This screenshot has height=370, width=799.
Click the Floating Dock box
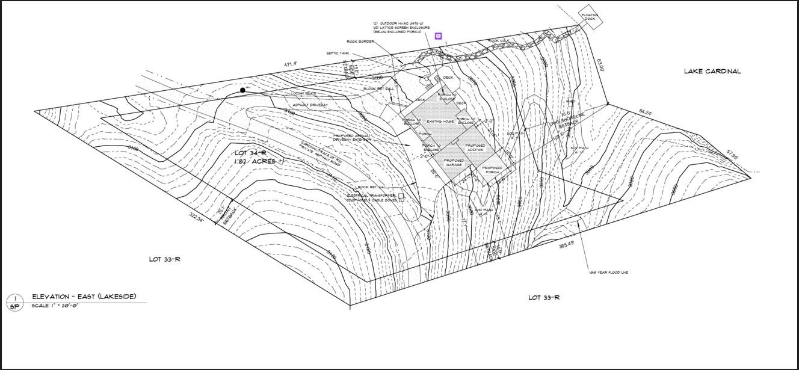[x=590, y=16]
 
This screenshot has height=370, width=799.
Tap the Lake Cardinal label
[x=712, y=71]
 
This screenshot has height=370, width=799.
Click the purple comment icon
[x=439, y=37]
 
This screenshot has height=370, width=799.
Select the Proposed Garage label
[x=454, y=162]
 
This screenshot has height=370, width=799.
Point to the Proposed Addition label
[x=475, y=147]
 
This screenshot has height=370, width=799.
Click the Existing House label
[x=440, y=122]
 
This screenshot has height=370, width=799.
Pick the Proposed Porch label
[x=492, y=170]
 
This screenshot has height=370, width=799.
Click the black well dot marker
[x=242, y=90]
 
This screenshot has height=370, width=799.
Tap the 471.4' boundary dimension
[x=291, y=64]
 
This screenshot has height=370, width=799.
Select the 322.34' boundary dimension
[x=197, y=217]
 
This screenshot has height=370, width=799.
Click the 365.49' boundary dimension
[x=566, y=244]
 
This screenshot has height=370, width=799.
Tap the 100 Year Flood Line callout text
[x=608, y=273]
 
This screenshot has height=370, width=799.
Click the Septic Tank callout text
[x=338, y=53]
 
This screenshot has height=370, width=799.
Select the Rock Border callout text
[x=360, y=42]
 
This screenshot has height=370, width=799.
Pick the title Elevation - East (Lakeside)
[x=84, y=296]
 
